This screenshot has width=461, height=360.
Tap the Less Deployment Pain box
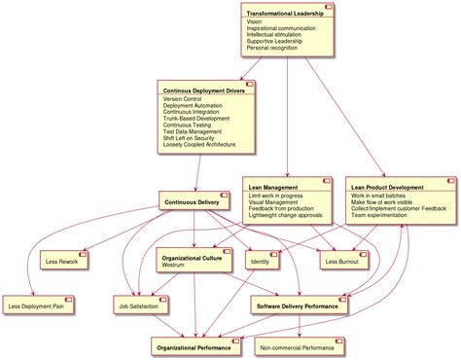[41, 306]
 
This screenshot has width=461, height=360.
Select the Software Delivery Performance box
[300, 306]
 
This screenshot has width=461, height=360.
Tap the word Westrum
[173, 265]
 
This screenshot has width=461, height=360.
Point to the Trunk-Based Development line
[196, 119]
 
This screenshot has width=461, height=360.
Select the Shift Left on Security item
[195, 138]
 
